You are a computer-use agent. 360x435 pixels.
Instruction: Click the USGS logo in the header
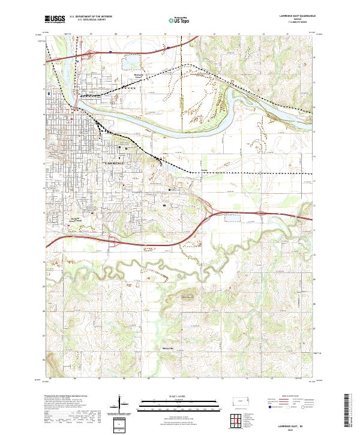click(55, 19)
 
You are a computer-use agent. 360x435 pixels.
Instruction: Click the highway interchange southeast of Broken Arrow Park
click(114, 242)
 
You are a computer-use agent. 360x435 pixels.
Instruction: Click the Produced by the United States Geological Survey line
click(66, 396)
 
